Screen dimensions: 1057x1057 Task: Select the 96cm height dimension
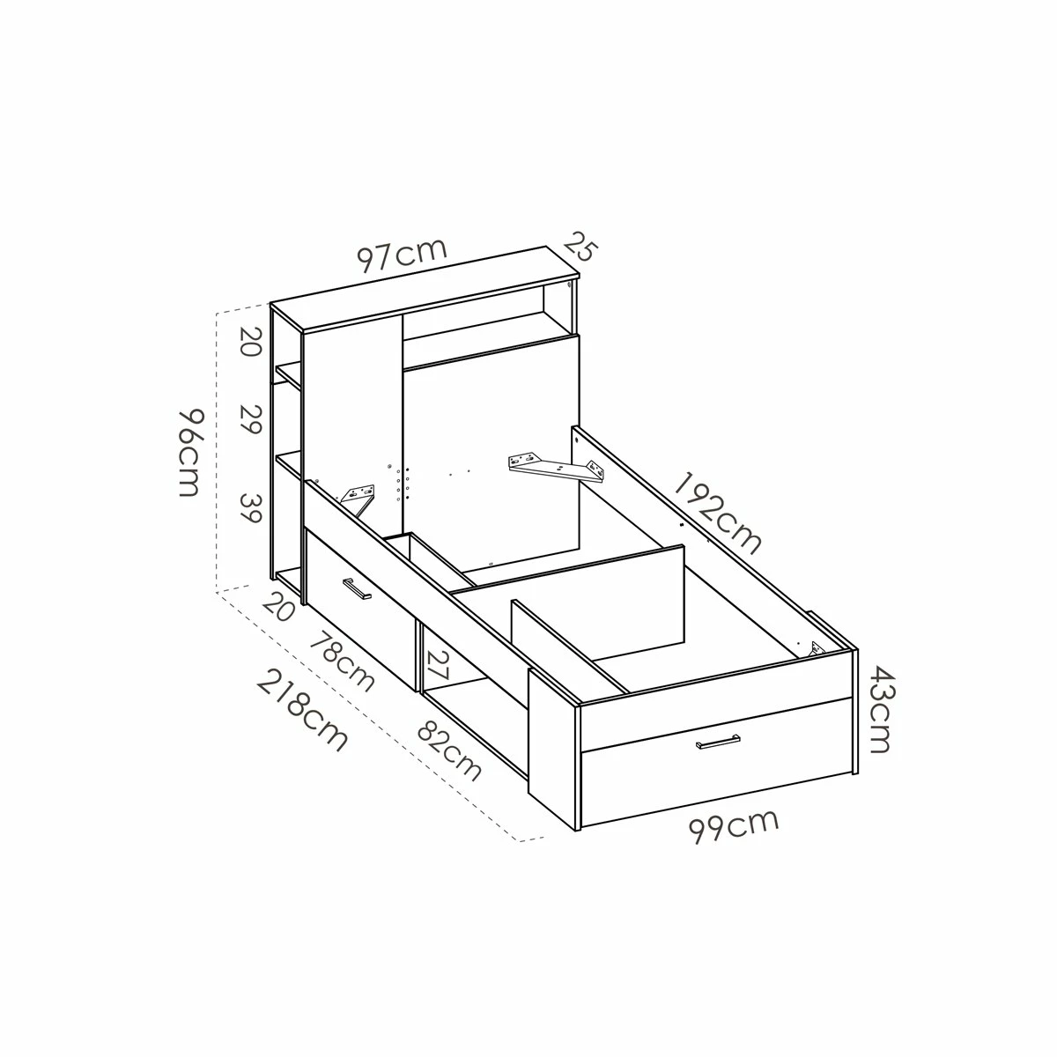coord(188,452)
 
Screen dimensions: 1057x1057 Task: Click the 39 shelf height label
coord(250,508)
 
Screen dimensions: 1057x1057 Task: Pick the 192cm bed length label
coord(717,513)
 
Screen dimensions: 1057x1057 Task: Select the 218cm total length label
coord(303,710)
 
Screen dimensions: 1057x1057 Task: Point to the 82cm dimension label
coord(450,750)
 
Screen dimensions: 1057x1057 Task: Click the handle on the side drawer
coord(358,589)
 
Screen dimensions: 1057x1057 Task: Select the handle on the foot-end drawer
coord(718,742)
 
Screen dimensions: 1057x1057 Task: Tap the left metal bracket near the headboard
coord(361,493)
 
